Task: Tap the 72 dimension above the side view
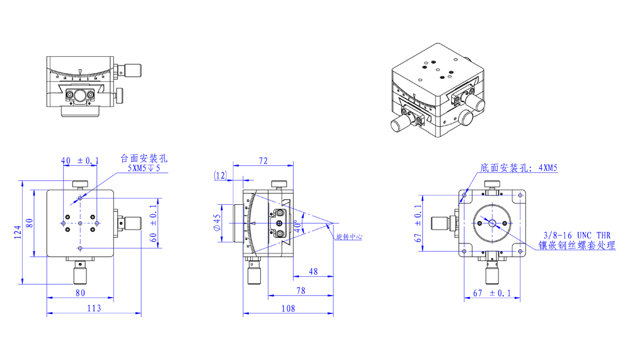(x=263, y=161)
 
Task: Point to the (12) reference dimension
(x=220, y=176)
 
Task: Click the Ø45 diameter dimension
(x=217, y=223)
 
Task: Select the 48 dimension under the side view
(x=313, y=272)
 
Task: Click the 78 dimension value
(x=301, y=290)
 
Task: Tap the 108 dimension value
(x=288, y=308)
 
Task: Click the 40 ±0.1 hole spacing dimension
(x=79, y=161)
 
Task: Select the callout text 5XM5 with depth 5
(x=144, y=168)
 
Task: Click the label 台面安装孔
(x=144, y=158)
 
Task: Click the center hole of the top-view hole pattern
(x=80, y=222)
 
